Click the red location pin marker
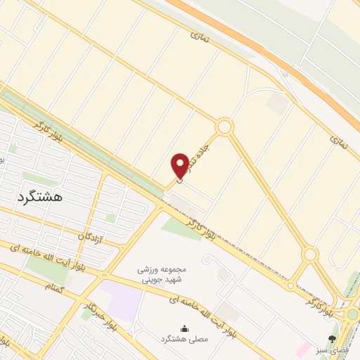[179, 166]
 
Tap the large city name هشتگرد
[38, 196]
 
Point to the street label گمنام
[53, 286]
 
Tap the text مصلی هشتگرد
[185, 340]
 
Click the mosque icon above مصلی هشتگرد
[185, 328]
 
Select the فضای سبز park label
[332, 349]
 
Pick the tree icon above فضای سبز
[332, 339]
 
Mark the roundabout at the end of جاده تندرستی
[224, 127]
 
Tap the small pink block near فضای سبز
[302, 348]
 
